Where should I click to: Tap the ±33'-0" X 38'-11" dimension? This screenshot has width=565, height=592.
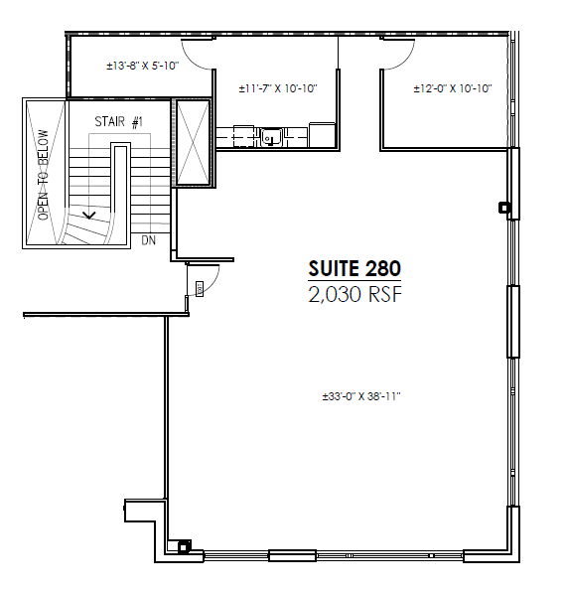(359, 396)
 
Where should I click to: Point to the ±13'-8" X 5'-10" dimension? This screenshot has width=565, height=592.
(140, 67)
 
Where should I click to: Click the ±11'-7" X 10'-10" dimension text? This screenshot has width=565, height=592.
(277, 88)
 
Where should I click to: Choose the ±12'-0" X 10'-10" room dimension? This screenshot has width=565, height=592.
(453, 88)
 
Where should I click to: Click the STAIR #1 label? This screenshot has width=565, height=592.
(119, 121)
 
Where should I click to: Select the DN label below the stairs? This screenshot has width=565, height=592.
(148, 240)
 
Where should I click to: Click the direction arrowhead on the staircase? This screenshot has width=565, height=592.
(90, 213)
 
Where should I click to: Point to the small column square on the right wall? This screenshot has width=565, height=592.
(504, 208)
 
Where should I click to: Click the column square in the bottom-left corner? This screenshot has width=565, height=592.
(183, 545)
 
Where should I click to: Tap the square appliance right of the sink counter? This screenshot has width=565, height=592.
(324, 133)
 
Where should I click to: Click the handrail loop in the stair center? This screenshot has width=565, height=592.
(120, 189)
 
